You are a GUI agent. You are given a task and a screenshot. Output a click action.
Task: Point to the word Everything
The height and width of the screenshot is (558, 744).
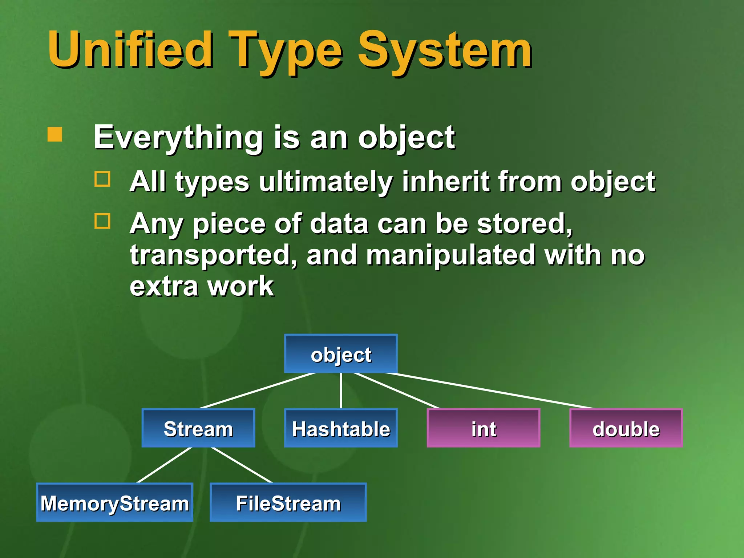pos(178,138)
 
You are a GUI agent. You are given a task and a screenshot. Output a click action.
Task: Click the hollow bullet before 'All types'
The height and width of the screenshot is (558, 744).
pos(102,179)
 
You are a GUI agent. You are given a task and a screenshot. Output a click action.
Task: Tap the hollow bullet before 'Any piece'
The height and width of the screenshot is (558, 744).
pos(102,221)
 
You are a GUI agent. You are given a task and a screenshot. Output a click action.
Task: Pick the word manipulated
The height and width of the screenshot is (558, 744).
pos(450,255)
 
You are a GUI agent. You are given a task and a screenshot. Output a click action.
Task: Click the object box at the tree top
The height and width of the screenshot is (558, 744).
pos(341,354)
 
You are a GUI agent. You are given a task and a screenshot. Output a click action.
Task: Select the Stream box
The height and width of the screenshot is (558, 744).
pos(198,428)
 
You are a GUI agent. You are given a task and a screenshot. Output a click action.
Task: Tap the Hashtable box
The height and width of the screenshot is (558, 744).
pos(341,428)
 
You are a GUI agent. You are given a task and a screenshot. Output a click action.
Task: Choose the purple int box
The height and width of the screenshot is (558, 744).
pos(484,428)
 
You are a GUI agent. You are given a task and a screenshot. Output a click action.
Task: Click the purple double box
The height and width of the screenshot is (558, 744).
pos(626,428)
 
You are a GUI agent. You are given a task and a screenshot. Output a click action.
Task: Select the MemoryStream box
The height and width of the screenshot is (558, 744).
pos(115,503)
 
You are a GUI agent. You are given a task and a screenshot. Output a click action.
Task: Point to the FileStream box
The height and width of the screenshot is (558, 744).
pos(288,503)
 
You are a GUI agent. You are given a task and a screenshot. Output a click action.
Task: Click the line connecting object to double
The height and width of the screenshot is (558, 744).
pos(490,391)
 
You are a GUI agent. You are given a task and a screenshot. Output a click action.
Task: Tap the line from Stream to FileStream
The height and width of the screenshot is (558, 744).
pos(242,465)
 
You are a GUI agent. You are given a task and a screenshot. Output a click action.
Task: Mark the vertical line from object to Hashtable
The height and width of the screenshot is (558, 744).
pos(341,391)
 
